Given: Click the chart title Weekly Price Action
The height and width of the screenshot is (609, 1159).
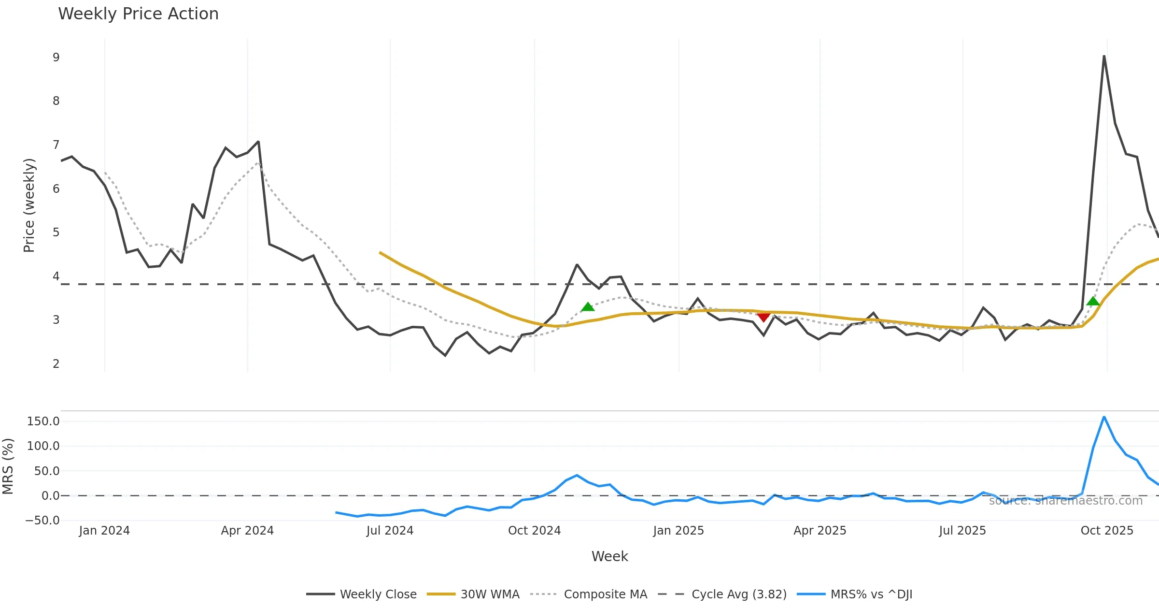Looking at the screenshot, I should (x=138, y=14).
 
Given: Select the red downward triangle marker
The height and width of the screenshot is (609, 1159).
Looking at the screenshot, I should (x=763, y=317).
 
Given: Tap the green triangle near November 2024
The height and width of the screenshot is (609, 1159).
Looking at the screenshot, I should (x=588, y=306).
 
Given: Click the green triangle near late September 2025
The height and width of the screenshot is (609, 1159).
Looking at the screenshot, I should (x=1093, y=301).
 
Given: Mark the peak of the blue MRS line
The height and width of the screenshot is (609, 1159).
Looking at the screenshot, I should (x=1104, y=417).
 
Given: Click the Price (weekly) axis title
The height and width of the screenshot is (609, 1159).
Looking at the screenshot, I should (x=29, y=205).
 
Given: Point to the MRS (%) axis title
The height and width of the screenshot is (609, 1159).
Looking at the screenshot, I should (x=8, y=466).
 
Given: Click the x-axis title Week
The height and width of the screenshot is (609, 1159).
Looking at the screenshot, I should (x=609, y=556).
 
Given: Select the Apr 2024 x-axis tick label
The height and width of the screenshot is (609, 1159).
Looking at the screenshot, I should (x=247, y=531).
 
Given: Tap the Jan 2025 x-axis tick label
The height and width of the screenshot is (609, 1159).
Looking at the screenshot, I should (x=678, y=531).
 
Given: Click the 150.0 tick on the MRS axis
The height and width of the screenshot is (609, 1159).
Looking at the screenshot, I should (x=43, y=421).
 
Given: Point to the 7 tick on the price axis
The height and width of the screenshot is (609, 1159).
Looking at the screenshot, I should (x=56, y=145).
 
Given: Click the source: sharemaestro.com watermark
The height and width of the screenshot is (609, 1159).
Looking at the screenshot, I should (x=1065, y=501).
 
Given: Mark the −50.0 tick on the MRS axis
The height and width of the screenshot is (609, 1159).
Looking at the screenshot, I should (x=42, y=521).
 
